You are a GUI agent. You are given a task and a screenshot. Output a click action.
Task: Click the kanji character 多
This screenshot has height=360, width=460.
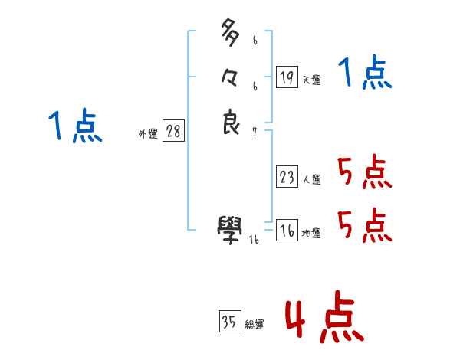(x=231, y=34)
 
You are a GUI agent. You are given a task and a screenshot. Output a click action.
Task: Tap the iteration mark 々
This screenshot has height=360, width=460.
(x=231, y=78)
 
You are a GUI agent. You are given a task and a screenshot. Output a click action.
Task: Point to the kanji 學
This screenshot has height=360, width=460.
(x=231, y=226)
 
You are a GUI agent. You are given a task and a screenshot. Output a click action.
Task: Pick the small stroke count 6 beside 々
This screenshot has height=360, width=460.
(x=255, y=87)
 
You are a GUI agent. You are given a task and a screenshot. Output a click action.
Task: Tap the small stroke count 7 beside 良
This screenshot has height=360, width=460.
(x=255, y=131)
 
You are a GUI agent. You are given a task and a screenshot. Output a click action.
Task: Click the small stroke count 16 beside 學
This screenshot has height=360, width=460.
(x=254, y=239)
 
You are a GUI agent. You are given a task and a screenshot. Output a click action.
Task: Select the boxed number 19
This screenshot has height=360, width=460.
(x=287, y=77)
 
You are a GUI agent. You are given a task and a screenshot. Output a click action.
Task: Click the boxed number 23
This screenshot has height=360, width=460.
(x=287, y=177)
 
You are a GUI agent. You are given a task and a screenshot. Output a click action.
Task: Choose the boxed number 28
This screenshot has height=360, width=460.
(x=173, y=131)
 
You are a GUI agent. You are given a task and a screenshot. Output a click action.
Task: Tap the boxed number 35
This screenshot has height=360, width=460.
(x=229, y=322)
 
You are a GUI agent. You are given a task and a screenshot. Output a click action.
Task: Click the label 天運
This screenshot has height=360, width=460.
(x=311, y=80)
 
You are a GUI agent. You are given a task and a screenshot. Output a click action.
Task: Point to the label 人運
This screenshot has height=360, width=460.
(x=311, y=180)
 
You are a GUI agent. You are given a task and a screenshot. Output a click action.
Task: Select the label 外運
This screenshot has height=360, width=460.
(x=148, y=133)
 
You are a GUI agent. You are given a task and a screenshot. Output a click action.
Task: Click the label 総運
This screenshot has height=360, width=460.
(x=254, y=325)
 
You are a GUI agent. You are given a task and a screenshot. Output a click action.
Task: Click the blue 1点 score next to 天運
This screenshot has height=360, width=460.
(x=365, y=74)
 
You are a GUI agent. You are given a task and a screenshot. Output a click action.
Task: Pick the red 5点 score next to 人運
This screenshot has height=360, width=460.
(x=365, y=172)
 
